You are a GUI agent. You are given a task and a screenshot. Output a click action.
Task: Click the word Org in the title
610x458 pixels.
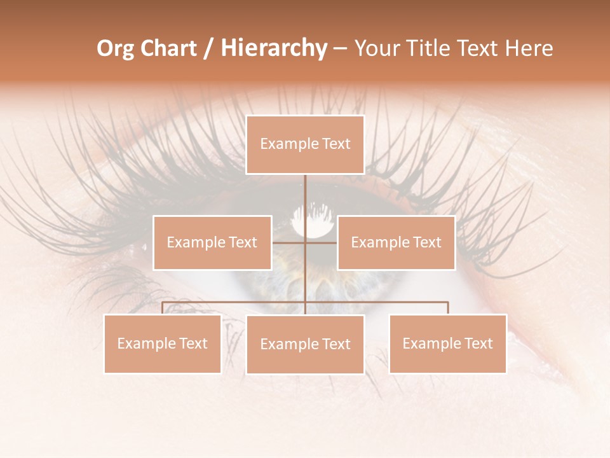[115, 48]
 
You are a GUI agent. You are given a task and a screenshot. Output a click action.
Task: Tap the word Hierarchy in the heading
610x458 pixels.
[273, 48]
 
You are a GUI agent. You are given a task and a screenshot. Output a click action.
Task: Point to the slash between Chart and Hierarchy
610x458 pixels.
[208, 49]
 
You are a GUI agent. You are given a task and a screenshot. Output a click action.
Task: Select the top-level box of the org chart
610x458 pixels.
[305, 144]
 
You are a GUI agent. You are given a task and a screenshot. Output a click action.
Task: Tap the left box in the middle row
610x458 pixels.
[212, 242]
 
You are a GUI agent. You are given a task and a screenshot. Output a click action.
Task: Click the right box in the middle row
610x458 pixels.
[396, 242]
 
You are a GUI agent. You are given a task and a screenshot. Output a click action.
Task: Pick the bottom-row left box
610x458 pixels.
[162, 343]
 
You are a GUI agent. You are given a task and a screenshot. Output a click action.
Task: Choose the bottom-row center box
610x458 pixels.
[305, 344]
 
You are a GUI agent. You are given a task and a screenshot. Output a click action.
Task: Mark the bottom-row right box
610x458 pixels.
[447, 343]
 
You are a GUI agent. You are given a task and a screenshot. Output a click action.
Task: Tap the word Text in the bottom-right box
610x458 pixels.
[478, 343]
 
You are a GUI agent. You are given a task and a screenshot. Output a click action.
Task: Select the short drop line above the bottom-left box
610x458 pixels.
[162, 308]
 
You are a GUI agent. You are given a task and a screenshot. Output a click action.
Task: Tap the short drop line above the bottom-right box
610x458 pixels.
[448, 308]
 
